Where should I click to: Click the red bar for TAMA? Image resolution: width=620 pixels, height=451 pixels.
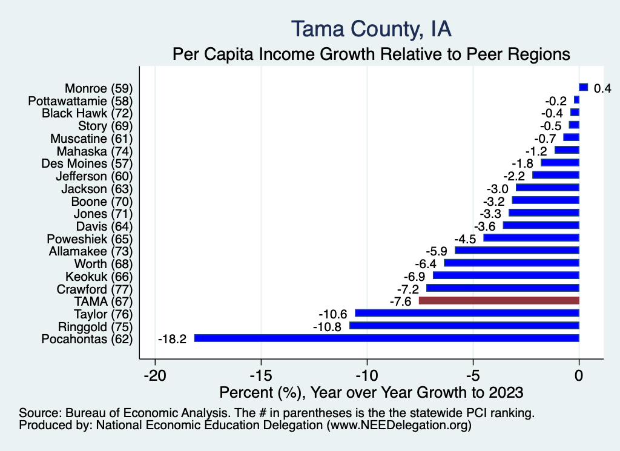tap(499, 300)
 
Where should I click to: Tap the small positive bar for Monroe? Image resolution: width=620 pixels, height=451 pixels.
tap(584, 87)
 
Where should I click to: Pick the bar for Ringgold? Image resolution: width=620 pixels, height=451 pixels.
tap(464, 326)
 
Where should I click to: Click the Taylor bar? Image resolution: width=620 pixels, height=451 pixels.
tap(467, 313)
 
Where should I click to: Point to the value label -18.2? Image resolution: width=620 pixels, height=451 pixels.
tap(173, 338)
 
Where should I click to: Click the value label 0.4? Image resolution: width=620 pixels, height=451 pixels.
tap(602, 88)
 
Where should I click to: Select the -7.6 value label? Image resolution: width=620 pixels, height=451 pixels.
tap(401, 301)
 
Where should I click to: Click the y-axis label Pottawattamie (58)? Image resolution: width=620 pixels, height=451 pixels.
tap(81, 100)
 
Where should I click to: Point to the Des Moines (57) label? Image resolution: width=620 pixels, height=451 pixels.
tap(87, 163)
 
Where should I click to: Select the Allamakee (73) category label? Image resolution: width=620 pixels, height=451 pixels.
tap(90, 251)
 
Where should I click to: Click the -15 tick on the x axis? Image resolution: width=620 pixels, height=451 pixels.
tap(261, 375)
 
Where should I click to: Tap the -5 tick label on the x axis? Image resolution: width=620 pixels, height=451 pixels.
tap(473, 375)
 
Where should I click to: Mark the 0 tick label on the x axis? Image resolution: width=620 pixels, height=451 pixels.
tap(579, 375)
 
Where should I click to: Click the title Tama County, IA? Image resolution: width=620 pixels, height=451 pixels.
tap(371, 28)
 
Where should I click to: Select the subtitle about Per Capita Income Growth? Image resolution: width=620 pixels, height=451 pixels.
tap(371, 54)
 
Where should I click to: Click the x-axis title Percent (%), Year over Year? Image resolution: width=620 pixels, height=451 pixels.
tap(371, 392)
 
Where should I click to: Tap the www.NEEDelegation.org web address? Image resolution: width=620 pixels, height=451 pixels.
tap(398, 426)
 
